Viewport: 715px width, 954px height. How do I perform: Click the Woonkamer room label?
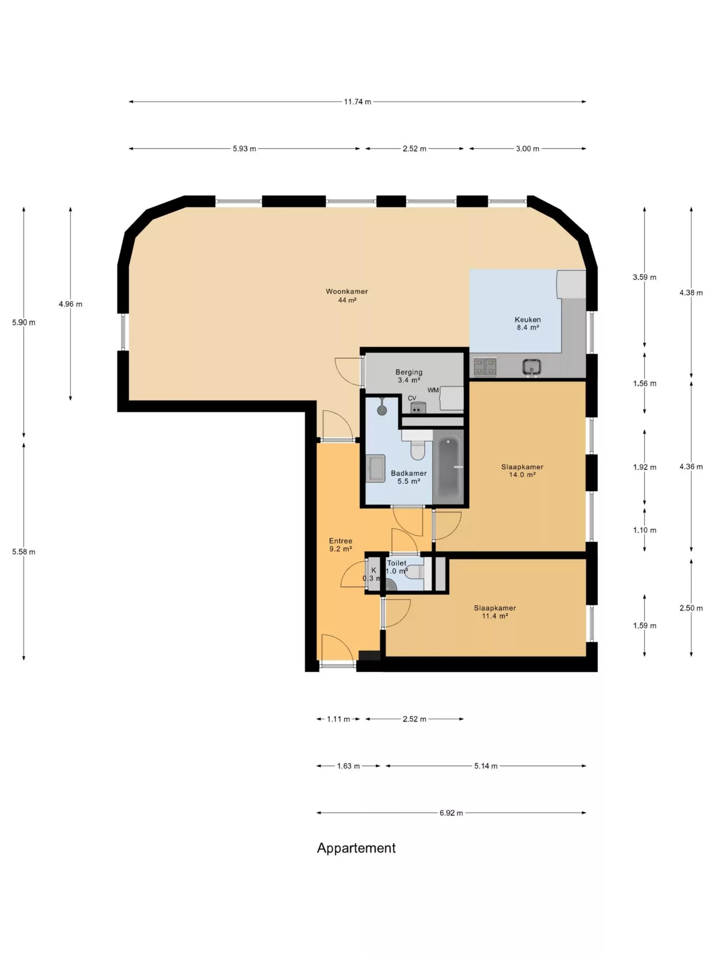click(x=347, y=296)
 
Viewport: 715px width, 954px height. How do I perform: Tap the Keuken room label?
click(x=527, y=323)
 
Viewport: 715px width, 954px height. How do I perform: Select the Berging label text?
click(x=409, y=372)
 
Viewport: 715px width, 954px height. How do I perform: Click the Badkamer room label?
click(x=409, y=477)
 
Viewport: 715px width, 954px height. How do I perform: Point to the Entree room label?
click(x=341, y=545)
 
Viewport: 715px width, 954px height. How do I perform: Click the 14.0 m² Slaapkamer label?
click(x=522, y=471)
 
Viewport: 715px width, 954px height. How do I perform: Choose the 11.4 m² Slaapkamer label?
click(x=495, y=612)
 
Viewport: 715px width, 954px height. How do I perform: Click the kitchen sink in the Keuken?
click(x=532, y=367)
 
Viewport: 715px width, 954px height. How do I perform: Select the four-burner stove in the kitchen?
click(x=485, y=367)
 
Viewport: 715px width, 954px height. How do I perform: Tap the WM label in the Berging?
click(x=433, y=390)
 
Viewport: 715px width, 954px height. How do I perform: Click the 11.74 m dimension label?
click(x=357, y=102)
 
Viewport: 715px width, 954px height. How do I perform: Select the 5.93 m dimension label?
click(x=244, y=149)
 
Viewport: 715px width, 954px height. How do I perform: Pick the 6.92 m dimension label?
click(x=451, y=813)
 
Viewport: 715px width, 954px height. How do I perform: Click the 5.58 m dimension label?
click(x=24, y=552)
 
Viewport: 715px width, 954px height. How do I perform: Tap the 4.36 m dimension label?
click(x=691, y=467)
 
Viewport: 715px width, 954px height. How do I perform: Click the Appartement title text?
click(x=357, y=848)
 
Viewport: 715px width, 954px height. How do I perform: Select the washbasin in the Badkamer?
click(x=376, y=468)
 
